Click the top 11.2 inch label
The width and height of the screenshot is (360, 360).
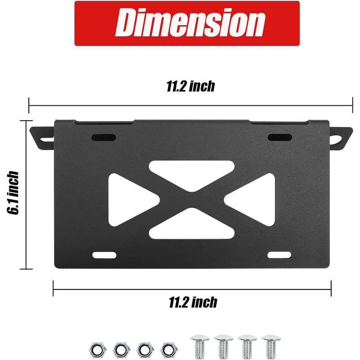click(190, 86)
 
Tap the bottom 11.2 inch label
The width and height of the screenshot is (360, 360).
click(193, 302)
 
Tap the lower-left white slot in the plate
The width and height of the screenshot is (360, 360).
click(103, 255)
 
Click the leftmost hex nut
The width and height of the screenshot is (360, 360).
click(97, 348)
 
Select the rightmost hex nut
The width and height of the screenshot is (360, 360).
click(168, 348)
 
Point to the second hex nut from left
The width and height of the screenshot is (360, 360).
click(120, 348)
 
